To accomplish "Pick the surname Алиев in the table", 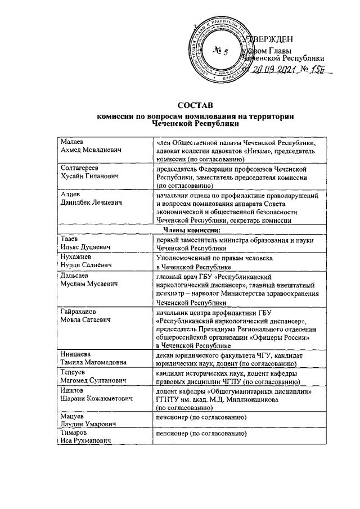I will click(x=71, y=194).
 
